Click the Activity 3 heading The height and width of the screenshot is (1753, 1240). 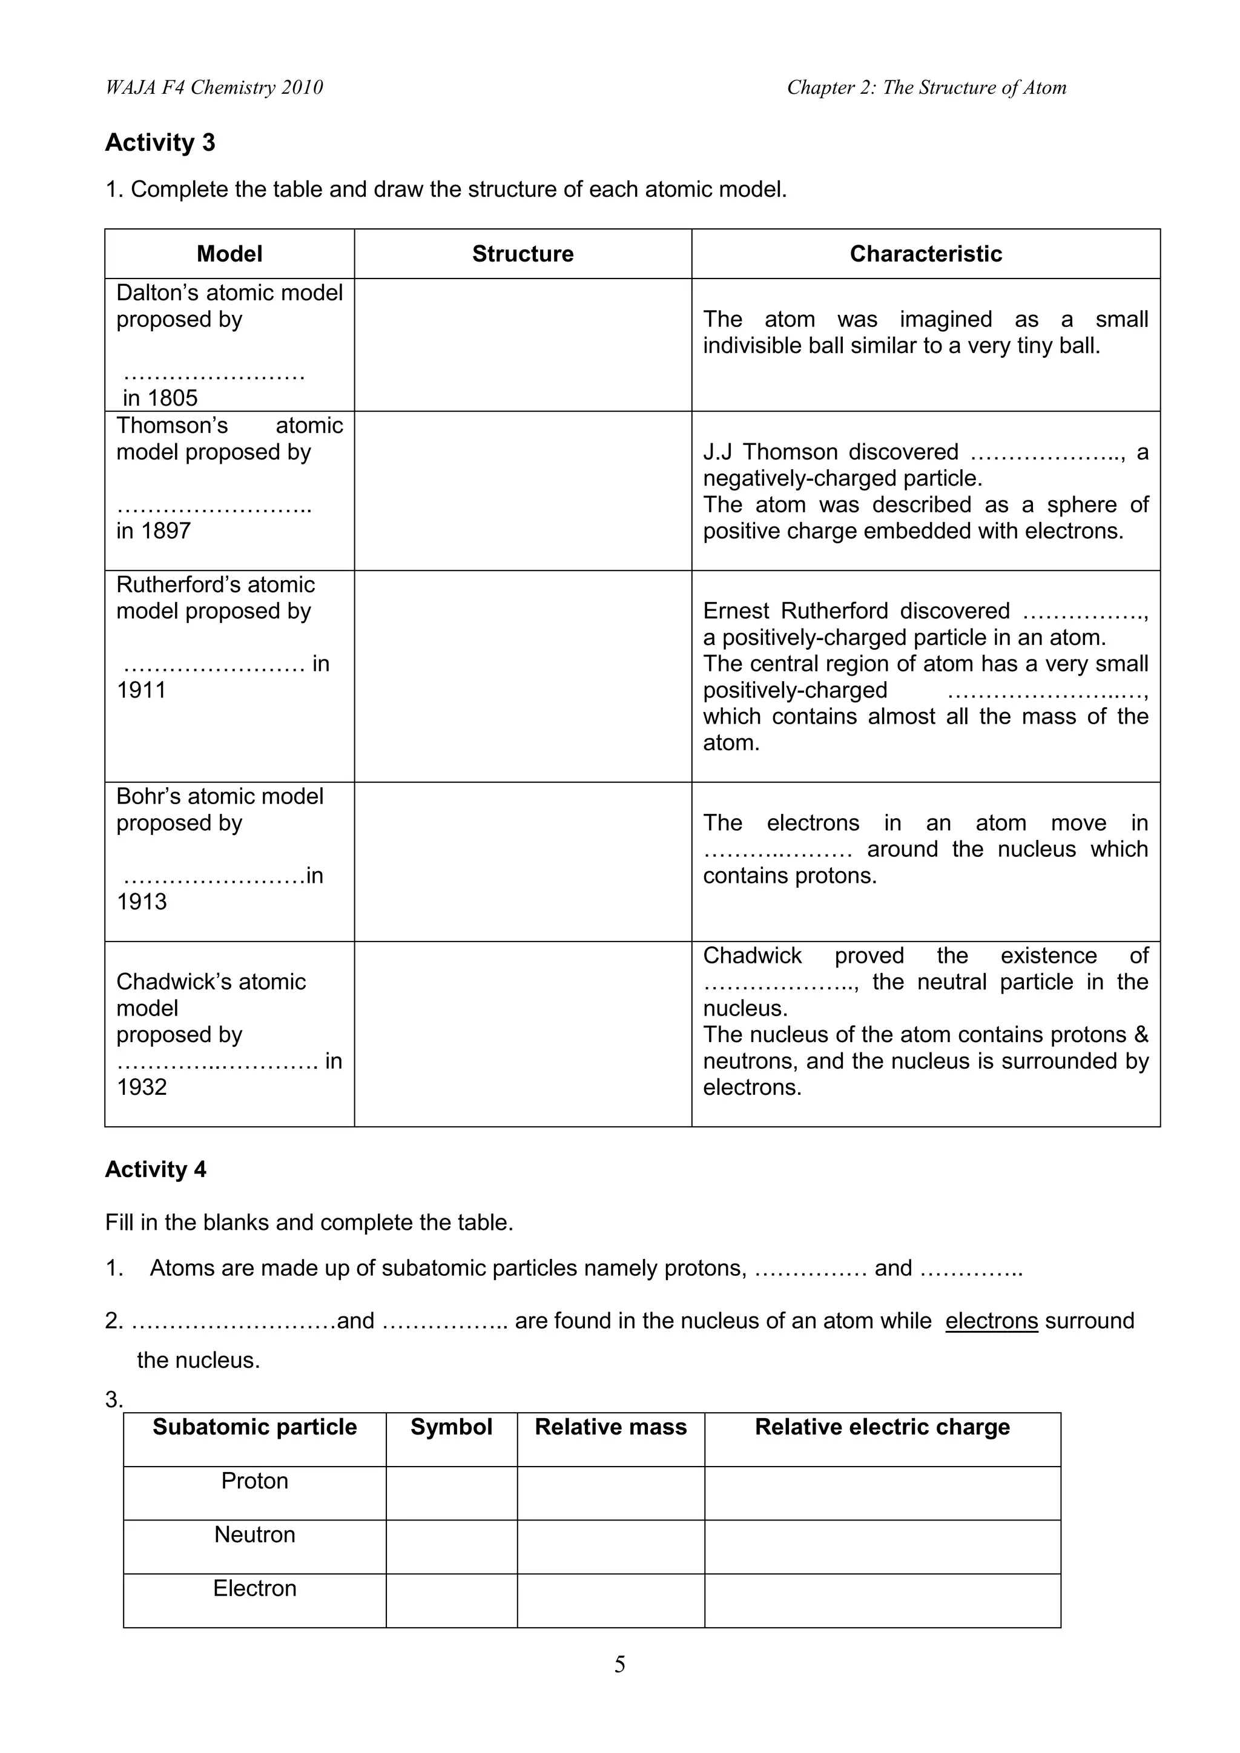pos(160,143)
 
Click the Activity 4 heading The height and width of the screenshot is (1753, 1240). pos(155,1170)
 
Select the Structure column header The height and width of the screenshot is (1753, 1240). pos(523,254)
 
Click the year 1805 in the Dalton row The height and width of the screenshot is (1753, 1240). pos(173,398)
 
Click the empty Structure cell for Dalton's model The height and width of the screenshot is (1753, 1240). pos(523,345)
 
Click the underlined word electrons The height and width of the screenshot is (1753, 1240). pos(991,1321)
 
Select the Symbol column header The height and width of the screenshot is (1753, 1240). pos(451,1428)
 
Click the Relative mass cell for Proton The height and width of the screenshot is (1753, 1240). pos(610,1493)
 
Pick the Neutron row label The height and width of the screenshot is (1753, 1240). pos(254,1534)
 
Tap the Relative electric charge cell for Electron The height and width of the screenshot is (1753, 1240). pos(882,1600)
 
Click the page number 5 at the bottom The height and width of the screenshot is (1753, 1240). pos(619,1665)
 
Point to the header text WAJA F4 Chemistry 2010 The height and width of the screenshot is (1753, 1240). pos(214,88)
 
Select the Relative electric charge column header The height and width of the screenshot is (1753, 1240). pos(882,1428)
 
